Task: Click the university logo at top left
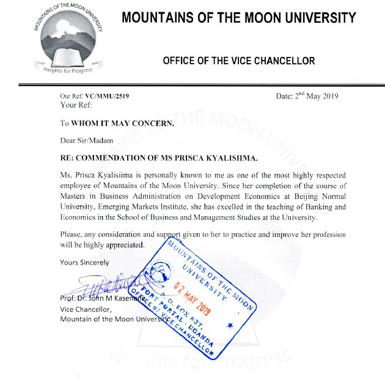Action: pyautogui.click(x=67, y=40)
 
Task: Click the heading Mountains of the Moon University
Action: pyautogui.click(x=238, y=18)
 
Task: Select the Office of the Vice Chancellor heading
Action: pyautogui.click(x=238, y=61)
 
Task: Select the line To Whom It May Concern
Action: pyautogui.click(x=117, y=122)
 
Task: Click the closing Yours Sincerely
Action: pyautogui.click(x=84, y=262)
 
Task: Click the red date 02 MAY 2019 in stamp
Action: pyautogui.click(x=191, y=296)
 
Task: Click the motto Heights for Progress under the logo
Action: pyautogui.click(x=68, y=70)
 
